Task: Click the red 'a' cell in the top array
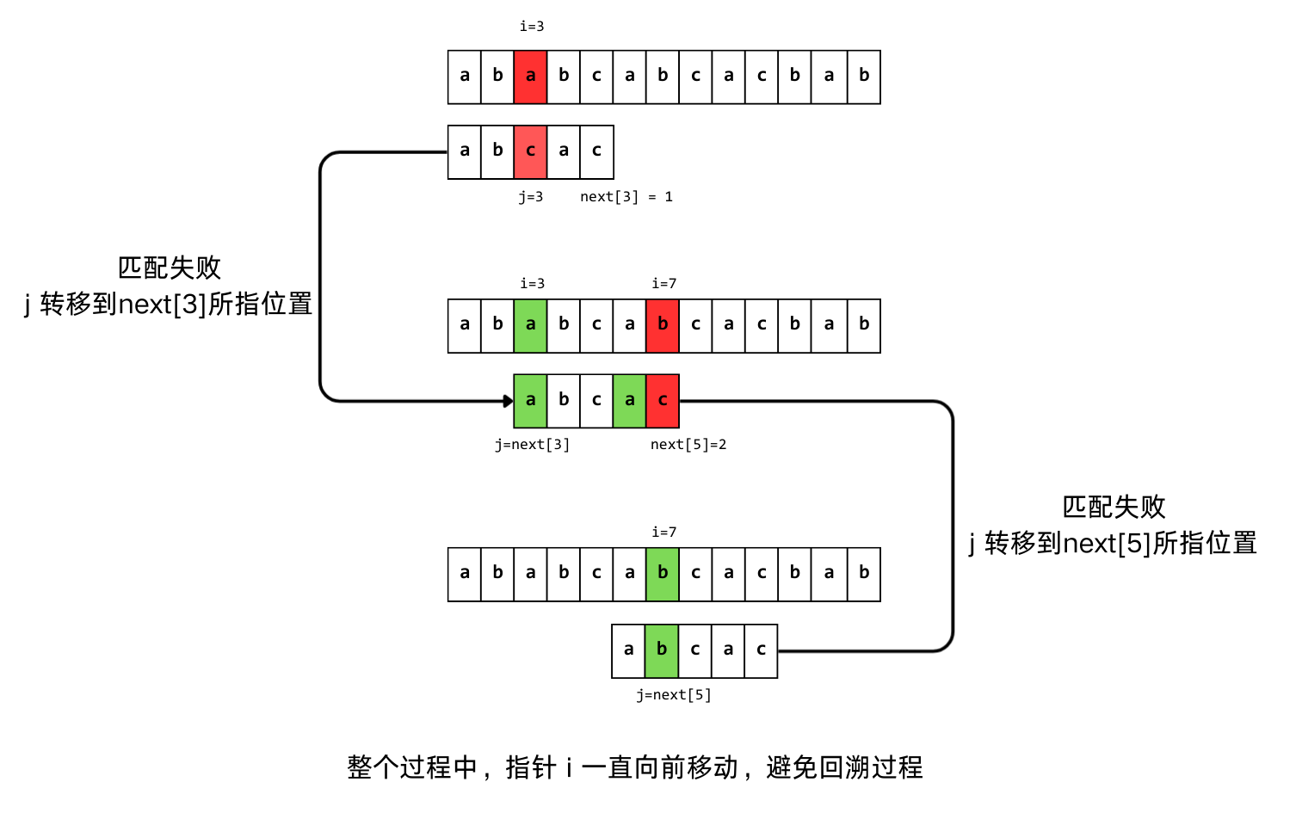(530, 77)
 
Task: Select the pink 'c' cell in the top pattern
(530, 151)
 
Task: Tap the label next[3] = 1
(626, 197)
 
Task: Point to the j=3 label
(530, 197)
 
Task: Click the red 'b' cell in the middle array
(663, 325)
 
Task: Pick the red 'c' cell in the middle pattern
(663, 401)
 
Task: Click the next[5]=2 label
(688, 445)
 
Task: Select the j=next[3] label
(532, 445)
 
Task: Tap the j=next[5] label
(674, 695)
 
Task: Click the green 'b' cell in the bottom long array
(663, 574)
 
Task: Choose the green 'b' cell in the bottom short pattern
(661, 650)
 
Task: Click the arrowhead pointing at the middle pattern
(508, 401)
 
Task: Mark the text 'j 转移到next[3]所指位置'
(169, 305)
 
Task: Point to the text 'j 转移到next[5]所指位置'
(1113, 544)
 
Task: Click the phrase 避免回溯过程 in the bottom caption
(844, 767)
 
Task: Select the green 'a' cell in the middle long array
(530, 325)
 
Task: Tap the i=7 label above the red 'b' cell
(663, 284)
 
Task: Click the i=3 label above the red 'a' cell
(531, 27)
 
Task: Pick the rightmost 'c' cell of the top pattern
(596, 151)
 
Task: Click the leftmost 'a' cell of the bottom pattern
(628, 650)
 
